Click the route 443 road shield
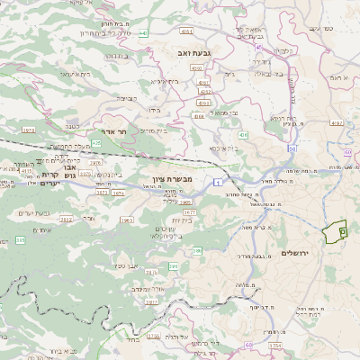[145, 33]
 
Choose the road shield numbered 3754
[275, 345]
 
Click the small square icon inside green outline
[342, 232]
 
